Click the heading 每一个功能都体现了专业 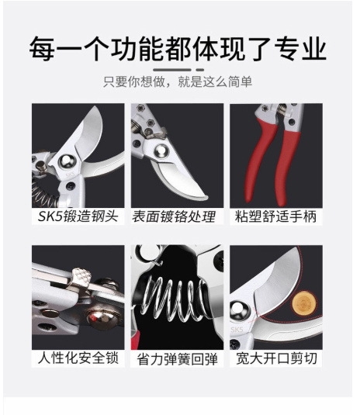tap(178, 49)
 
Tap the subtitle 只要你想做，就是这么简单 tap(178, 81)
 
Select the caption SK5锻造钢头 tap(78, 216)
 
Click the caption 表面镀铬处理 tap(174, 216)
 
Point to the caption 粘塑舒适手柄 tap(276, 216)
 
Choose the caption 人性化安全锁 tap(78, 358)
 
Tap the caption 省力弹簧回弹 tap(178, 359)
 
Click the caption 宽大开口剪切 tap(276, 358)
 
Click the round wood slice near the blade tap(304, 303)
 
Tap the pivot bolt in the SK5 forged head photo tap(67, 161)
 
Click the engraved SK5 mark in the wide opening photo tap(237, 330)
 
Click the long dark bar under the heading tap(172, 70)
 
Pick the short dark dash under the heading tap(200, 70)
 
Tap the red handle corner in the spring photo tap(136, 341)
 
